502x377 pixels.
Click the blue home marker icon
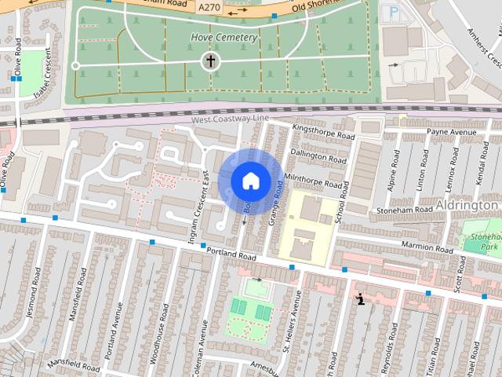(250, 181)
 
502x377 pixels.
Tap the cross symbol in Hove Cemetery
(210, 61)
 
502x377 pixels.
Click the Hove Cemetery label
(224, 37)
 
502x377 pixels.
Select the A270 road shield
(209, 7)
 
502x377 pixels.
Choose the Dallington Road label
(318, 158)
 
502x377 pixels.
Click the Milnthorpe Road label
(314, 182)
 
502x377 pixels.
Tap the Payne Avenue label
(452, 131)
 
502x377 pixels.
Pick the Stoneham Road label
(405, 210)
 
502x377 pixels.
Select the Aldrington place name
(469, 204)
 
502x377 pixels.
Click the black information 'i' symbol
(360, 298)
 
